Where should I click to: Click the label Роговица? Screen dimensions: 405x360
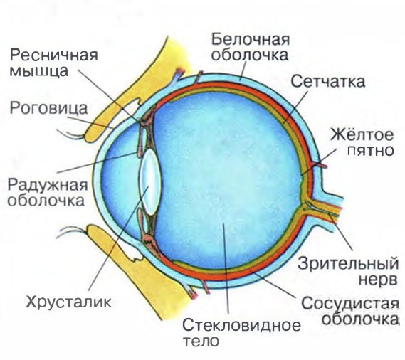tap(48, 108)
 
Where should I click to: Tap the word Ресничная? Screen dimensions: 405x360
tap(53, 55)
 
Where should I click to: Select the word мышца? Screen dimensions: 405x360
tap(38, 70)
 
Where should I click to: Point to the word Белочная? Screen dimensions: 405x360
tap(251, 39)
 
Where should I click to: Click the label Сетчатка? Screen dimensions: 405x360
tap(327, 81)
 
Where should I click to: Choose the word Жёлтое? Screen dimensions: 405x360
tap(362, 134)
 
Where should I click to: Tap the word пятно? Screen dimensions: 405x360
tap(370, 150)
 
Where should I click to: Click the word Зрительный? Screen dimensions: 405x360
tap(348, 263)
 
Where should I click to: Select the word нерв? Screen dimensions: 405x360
tap(378, 280)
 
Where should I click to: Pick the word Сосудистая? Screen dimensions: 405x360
tap(349, 304)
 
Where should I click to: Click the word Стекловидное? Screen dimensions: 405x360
tap(241, 325)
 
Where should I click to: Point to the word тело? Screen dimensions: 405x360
tap(201, 341)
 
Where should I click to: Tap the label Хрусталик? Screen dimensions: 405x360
tap(69, 302)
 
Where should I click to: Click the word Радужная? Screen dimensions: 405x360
tap(48, 185)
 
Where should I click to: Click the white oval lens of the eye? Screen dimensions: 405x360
tap(150, 181)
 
